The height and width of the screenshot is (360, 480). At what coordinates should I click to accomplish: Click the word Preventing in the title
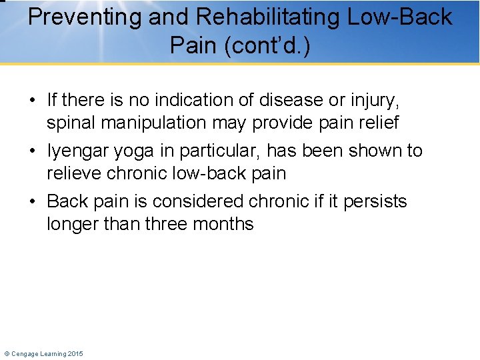coord(84,17)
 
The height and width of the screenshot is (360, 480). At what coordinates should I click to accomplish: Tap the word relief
coord(377,123)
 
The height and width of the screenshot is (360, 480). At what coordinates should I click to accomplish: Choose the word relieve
coord(76,173)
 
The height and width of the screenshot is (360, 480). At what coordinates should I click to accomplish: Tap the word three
coord(163,223)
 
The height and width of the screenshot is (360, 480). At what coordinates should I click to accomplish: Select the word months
coord(223,223)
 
